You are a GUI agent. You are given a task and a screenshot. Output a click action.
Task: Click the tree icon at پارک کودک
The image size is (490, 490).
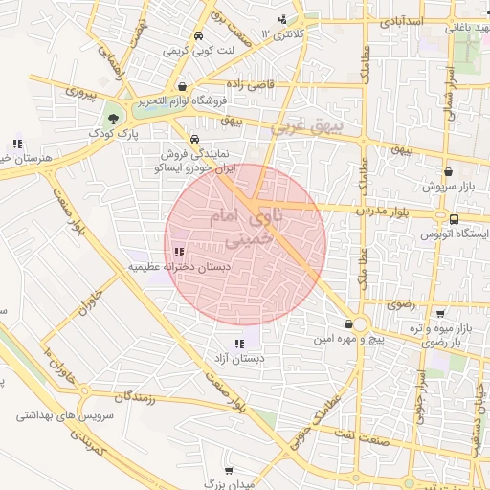tap(115, 119)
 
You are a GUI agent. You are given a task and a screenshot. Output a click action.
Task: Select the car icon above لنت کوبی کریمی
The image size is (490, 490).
tap(197, 36)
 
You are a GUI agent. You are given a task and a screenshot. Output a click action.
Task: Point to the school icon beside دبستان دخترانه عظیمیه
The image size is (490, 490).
tap(179, 253)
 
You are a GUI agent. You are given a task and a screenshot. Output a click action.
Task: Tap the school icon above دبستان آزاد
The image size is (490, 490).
tap(239, 344)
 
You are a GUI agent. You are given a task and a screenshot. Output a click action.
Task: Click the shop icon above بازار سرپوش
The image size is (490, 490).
tap(448, 172)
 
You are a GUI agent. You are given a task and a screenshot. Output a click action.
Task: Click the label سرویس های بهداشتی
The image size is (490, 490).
tap(64, 416)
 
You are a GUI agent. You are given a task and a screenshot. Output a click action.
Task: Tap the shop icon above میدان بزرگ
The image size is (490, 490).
tap(229, 470)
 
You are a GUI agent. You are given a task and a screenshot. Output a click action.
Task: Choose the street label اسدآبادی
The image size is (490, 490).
tap(404, 20)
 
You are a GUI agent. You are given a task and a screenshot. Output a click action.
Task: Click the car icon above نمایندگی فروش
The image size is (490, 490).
tap(195, 137)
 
